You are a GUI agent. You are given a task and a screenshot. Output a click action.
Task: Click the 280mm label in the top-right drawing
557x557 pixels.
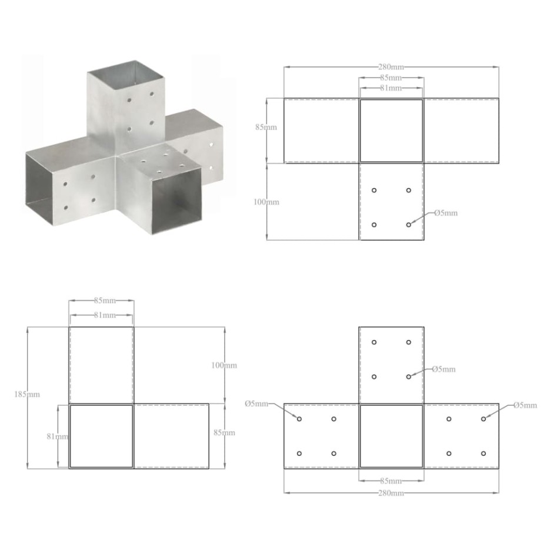(x=391, y=68)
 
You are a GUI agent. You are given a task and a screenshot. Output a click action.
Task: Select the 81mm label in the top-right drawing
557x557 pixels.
(x=391, y=88)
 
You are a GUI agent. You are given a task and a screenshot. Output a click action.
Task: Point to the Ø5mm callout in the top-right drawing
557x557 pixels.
(x=445, y=213)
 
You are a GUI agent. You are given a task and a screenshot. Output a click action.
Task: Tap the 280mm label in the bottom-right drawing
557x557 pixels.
(x=391, y=493)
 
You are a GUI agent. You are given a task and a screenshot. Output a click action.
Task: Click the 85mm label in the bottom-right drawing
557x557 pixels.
(x=391, y=481)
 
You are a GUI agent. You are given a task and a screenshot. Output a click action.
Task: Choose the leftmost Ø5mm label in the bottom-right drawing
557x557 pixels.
(x=256, y=404)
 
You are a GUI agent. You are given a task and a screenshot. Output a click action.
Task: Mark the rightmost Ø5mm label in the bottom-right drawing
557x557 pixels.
(x=525, y=405)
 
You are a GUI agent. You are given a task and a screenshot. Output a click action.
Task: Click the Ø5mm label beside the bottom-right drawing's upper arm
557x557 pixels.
(x=443, y=369)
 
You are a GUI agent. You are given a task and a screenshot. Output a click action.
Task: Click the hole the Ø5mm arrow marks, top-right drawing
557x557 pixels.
(x=408, y=225)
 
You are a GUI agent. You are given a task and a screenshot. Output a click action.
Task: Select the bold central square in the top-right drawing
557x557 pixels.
(x=391, y=131)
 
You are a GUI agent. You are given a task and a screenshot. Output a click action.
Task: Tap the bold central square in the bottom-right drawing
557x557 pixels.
(x=391, y=436)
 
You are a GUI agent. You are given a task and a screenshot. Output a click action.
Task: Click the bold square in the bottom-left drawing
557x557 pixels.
(x=101, y=436)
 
